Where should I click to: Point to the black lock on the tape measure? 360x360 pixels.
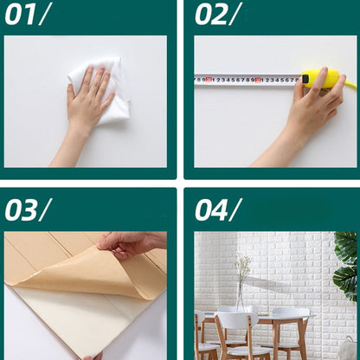click(305, 79)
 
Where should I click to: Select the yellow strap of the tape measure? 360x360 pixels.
click(351, 84)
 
